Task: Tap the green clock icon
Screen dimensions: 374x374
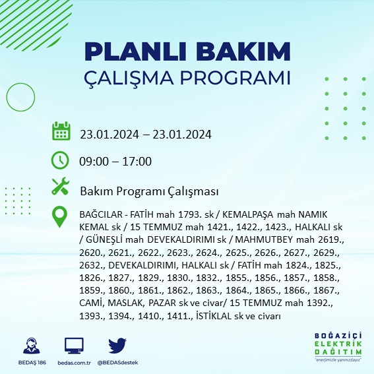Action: click(61, 160)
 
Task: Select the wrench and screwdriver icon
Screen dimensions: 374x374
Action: click(61, 187)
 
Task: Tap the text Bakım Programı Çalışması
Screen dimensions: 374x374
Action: click(149, 191)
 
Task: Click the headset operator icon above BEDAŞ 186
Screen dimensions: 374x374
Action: click(30, 346)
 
